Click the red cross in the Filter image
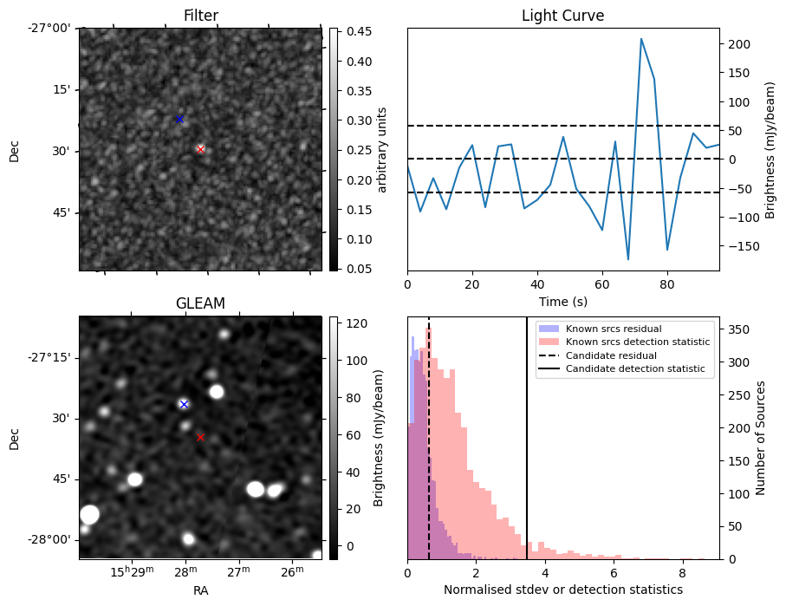(x=200, y=149)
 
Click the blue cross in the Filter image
(x=179, y=119)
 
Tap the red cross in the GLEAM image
(x=200, y=437)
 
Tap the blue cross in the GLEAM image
(x=184, y=404)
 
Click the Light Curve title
(x=562, y=16)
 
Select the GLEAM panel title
(x=200, y=303)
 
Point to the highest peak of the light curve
(x=641, y=38)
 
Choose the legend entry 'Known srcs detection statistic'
(x=637, y=342)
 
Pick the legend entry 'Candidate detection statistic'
(x=634, y=369)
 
